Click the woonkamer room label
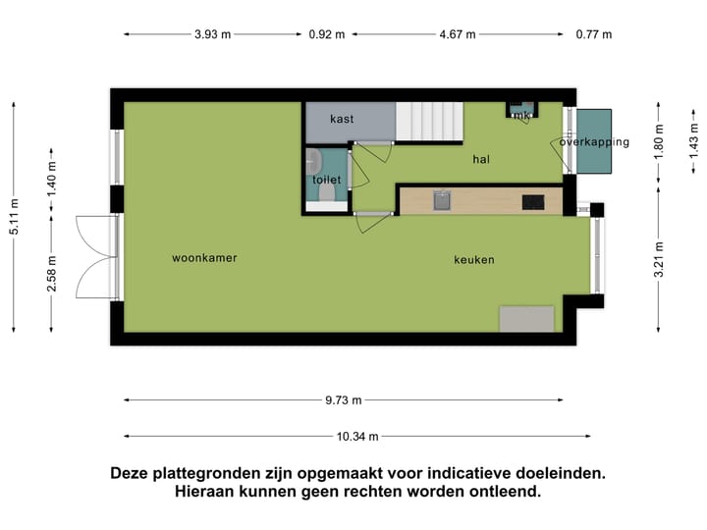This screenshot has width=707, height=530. (204, 258)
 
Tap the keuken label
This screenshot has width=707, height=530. (473, 260)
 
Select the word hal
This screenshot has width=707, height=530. (481, 158)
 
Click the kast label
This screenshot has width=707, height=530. (342, 119)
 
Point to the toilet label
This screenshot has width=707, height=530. (326, 180)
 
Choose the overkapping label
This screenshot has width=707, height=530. (594, 142)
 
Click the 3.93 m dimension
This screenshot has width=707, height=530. (212, 34)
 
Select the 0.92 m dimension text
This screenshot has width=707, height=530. (327, 34)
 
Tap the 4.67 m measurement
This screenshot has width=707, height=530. (457, 34)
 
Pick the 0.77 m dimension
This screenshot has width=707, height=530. (594, 34)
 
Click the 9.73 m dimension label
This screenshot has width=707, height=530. (343, 399)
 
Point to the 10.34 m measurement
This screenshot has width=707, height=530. (357, 437)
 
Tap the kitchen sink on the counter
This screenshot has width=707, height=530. (443, 200)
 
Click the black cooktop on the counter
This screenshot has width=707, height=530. (533, 201)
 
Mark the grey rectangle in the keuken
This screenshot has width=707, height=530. (527, 319)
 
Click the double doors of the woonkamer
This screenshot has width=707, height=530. (98, 257)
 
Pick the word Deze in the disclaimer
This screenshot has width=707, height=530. (133, 473)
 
